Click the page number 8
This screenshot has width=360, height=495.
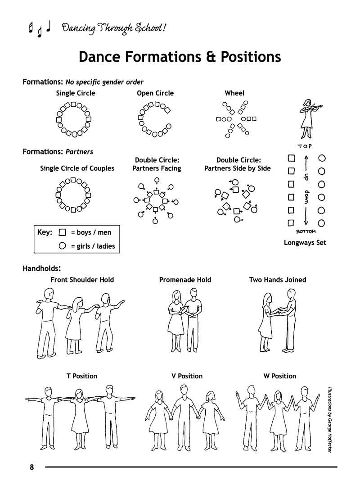31,467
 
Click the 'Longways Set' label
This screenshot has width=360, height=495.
305,243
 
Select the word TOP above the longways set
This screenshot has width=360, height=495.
305,146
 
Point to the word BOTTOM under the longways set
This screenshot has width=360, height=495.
306,232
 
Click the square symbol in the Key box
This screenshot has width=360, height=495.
63,232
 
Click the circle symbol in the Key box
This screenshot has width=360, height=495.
63,246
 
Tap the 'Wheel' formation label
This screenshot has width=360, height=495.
234,93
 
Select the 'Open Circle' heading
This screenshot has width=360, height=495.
155,93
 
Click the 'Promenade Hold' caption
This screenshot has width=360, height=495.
185,280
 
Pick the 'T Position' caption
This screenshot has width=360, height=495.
82,376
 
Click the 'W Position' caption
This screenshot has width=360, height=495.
280,376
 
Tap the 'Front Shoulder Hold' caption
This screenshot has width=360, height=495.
82,280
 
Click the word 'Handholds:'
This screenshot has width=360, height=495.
42,269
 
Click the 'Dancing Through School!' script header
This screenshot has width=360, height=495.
114,28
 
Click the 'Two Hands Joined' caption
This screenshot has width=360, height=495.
277,280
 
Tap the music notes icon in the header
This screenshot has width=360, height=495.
39,28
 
